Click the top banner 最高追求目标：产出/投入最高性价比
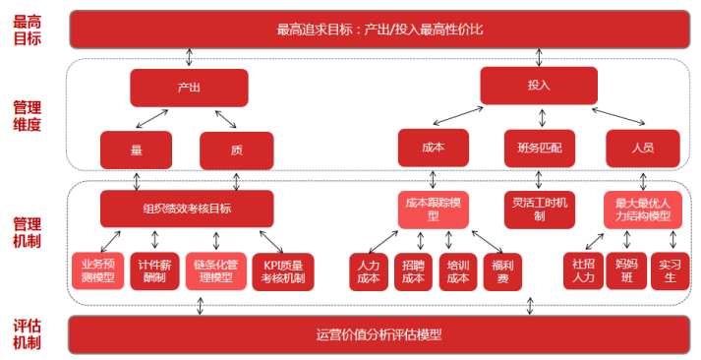pos(379,29)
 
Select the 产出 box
pos(188,88)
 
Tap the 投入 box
pos(538,86)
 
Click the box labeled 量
pos(136,150)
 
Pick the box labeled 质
pos(236,150)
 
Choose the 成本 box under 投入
pos(434,148)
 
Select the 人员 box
pos(643,148)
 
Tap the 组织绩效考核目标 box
pos(187,209)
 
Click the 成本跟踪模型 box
pos(435,209)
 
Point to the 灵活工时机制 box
pos(539,209)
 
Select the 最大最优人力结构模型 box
pos(643,209)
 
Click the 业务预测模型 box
pos(97,271)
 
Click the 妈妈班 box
pos(625,271)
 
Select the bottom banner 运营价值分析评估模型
pos(379,334)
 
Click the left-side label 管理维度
pos(27,115)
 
